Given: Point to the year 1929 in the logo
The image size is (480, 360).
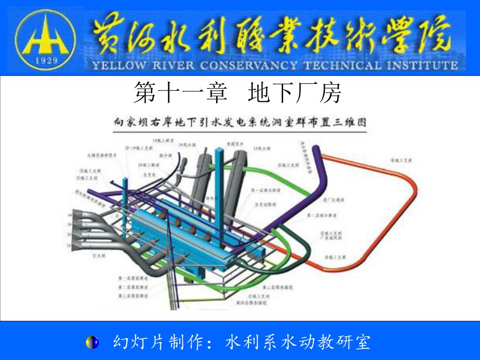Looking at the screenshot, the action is pos(45,60).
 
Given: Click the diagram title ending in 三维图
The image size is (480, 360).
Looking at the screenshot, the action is pos(240,123).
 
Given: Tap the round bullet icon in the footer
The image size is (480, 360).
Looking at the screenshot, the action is pos(92,342).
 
